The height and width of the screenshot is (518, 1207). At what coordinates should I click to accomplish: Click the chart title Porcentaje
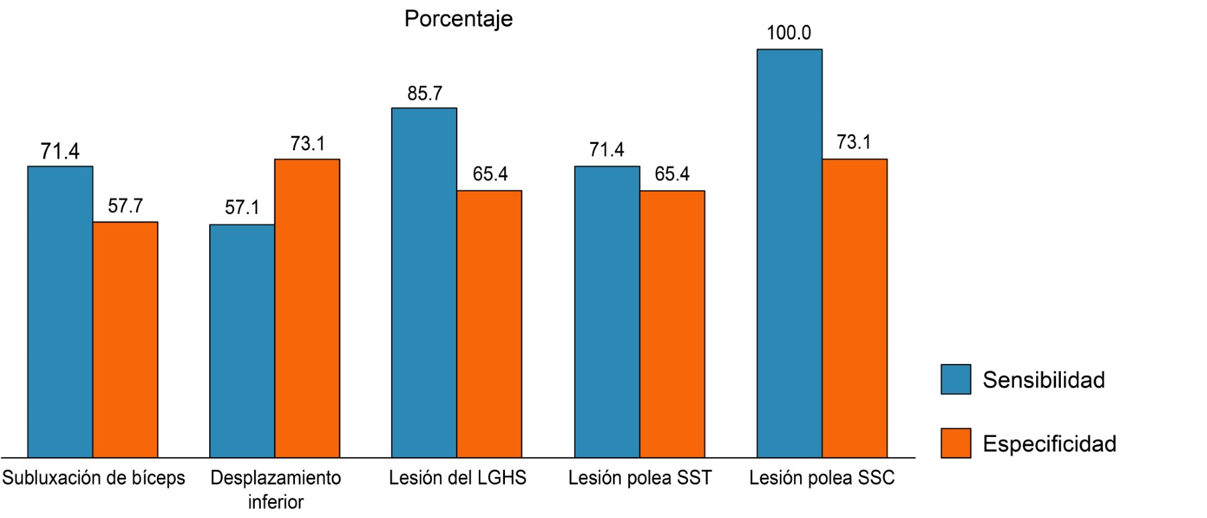point(458,19)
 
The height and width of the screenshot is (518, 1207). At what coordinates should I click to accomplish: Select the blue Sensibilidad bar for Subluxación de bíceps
point(60,312)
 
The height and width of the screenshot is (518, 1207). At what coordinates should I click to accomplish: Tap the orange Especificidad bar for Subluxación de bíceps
point(125,339)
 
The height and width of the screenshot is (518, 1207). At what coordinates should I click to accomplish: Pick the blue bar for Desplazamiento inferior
point(242,340)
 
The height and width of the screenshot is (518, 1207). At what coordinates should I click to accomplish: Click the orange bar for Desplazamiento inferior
point(307,308)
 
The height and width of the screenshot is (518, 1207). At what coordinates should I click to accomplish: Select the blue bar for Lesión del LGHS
point(424,282)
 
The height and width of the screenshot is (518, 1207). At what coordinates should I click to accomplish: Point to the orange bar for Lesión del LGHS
point(490,324)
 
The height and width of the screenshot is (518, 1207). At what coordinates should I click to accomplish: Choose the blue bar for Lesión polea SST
point(607,312)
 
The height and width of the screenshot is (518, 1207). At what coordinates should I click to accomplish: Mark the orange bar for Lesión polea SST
point(672,324)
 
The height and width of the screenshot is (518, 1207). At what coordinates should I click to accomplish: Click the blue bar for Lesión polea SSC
point(789,253)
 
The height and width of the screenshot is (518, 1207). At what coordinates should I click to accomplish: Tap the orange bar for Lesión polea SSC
point(854,308)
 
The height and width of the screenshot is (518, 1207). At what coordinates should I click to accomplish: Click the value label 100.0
point(789,33)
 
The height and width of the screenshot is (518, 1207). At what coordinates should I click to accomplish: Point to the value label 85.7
point(424,93)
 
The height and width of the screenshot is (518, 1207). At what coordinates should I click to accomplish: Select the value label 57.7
point(125,206)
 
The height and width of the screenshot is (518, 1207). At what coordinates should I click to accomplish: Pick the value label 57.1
point(242,208)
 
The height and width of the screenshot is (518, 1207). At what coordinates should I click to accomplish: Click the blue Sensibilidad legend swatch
point(956,379)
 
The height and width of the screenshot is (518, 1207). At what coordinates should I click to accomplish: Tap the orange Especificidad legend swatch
point(956,443)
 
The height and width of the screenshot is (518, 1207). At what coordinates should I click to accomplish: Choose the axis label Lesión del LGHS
point(458,478)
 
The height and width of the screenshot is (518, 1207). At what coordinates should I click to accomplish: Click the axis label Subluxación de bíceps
point(94,478)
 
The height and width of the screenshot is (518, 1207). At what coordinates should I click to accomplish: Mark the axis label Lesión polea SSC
point(821,478)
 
